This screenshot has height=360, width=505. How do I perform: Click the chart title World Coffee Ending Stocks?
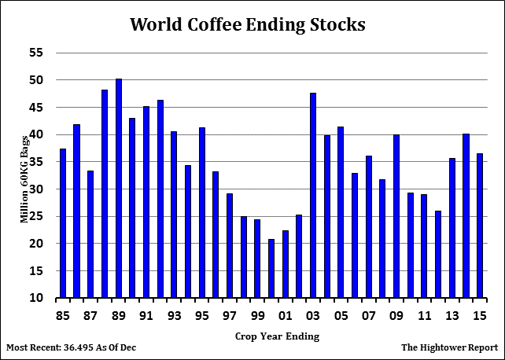[x=247, y=24]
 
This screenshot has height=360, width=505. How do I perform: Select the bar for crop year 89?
[x=119, y=189]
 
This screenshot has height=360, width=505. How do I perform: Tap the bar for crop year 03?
[x=314, y=196]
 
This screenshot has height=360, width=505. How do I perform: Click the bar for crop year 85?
[x=63, y=223]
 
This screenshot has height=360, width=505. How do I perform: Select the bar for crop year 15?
[x=481, y=226]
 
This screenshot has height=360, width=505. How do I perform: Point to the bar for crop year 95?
[x=202, y=212]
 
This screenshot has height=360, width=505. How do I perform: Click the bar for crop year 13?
[x=453, y=228]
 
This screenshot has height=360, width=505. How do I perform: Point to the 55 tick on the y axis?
[x=35, y=53]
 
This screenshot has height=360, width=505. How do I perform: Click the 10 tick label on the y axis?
[x=35, y=298]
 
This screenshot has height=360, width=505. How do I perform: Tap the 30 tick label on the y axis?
[x=35, y=189]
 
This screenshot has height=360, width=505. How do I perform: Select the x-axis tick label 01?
[x=286, y=316]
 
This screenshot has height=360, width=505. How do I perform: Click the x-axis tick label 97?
[x=230, y=316]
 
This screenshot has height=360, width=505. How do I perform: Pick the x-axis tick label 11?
[x=425, y=316]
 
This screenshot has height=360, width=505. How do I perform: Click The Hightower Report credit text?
[x=449, y=347]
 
